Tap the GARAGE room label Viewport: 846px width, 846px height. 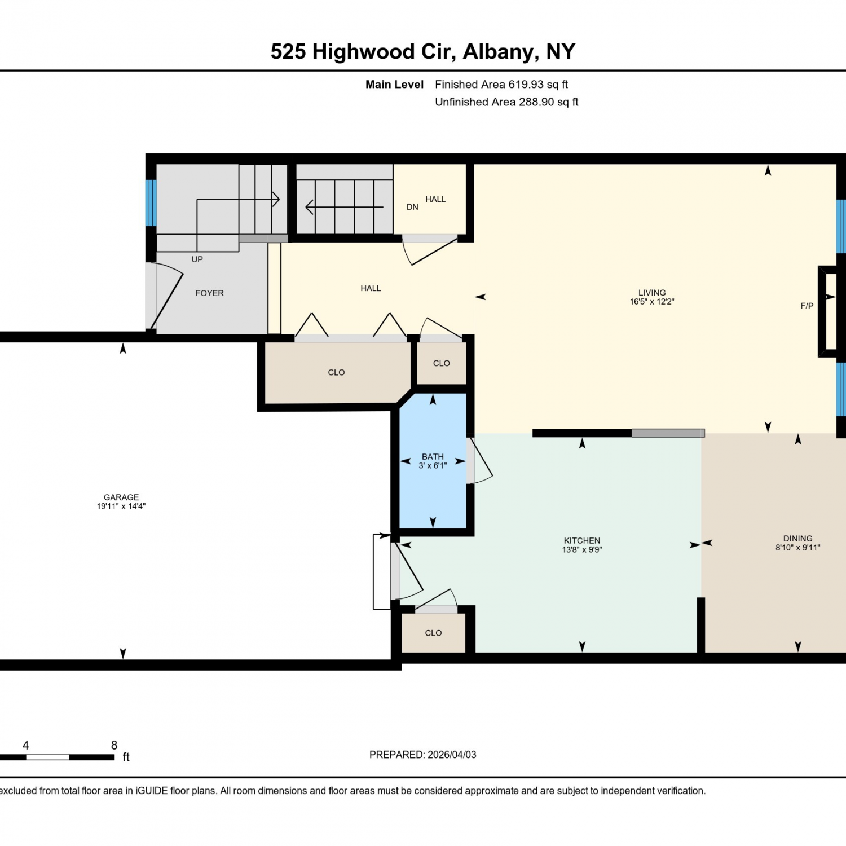tap(121, 497)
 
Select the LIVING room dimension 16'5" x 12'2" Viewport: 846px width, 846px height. tap(652, 302)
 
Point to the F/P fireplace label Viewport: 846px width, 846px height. tap(807, 306)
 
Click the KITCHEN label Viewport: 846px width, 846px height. tap(582, 540)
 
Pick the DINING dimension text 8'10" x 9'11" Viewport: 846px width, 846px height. tap(797, 547)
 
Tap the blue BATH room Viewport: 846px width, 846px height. tap(433, 461)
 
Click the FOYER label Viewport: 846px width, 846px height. tap(210, 293)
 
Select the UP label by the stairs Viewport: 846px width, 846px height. tap(197, 259)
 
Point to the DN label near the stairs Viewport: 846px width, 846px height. tap(412, 207)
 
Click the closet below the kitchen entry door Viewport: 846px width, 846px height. tap(433, 633)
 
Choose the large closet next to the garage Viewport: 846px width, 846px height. tap(337, 372)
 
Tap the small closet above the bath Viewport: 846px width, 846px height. tap(442, 363)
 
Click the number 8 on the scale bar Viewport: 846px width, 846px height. tap(114, 745)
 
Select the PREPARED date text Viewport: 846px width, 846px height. tap(423, 755)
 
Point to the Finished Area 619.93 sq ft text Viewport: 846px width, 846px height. tap(501, 85)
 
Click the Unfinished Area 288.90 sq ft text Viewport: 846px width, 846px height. tap(506, 102)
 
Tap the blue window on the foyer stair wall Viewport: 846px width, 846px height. tap(151, 203)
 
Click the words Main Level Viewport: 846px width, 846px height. tap(394, 85)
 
